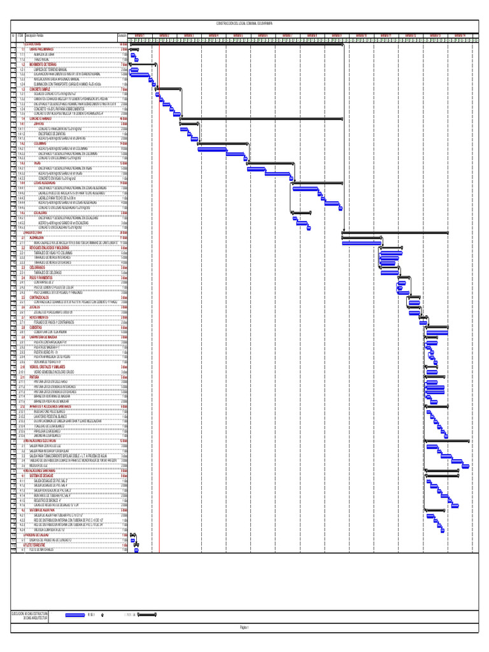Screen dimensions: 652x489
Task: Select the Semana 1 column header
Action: click(x=139, y=35)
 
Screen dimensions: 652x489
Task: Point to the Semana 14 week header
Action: click(x=460, y=35)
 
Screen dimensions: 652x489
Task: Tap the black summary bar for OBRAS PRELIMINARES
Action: click(x=134, y=49)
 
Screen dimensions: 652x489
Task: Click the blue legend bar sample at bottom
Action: click(x=75, y=615)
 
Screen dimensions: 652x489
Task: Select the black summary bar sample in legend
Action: click(x=147, y=615)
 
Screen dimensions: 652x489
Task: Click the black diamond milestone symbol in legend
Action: click(x=103, y=615)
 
